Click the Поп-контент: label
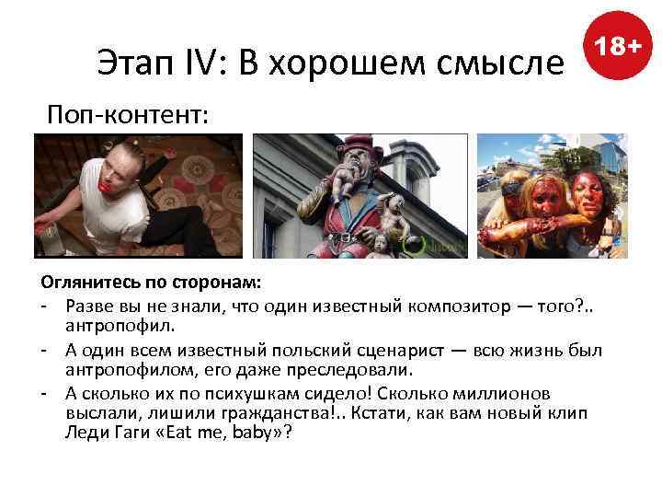click(x=129, y=115)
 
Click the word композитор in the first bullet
click(x=477, y=306)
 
